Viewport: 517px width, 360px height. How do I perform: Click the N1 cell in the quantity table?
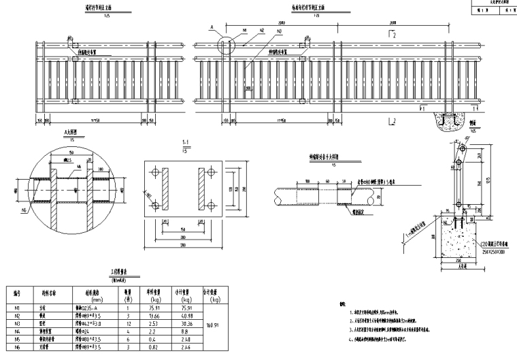[16, 306]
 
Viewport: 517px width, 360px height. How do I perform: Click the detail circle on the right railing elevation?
[227, 47]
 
